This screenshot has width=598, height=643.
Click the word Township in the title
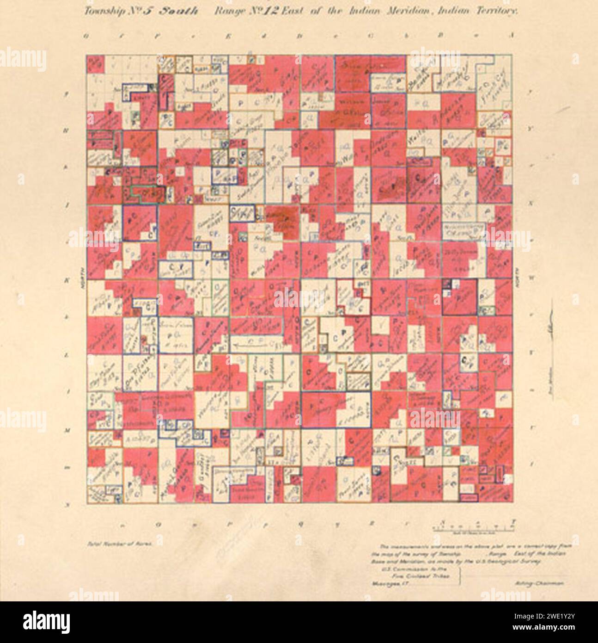click(101, 12)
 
